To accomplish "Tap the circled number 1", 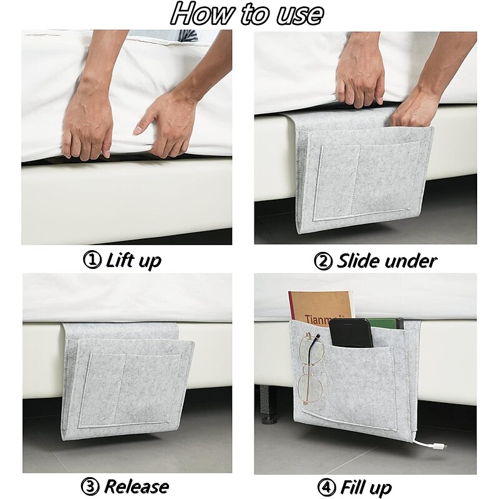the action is tap(92, 260).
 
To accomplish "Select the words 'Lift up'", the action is tap(133, 261).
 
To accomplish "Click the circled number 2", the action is tap(323, 261).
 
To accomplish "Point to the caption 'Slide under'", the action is tap(387, 261).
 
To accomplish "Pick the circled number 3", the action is tap(90, 487).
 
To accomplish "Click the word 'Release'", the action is tap(136, 487).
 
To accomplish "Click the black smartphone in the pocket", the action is tap(351, 333).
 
